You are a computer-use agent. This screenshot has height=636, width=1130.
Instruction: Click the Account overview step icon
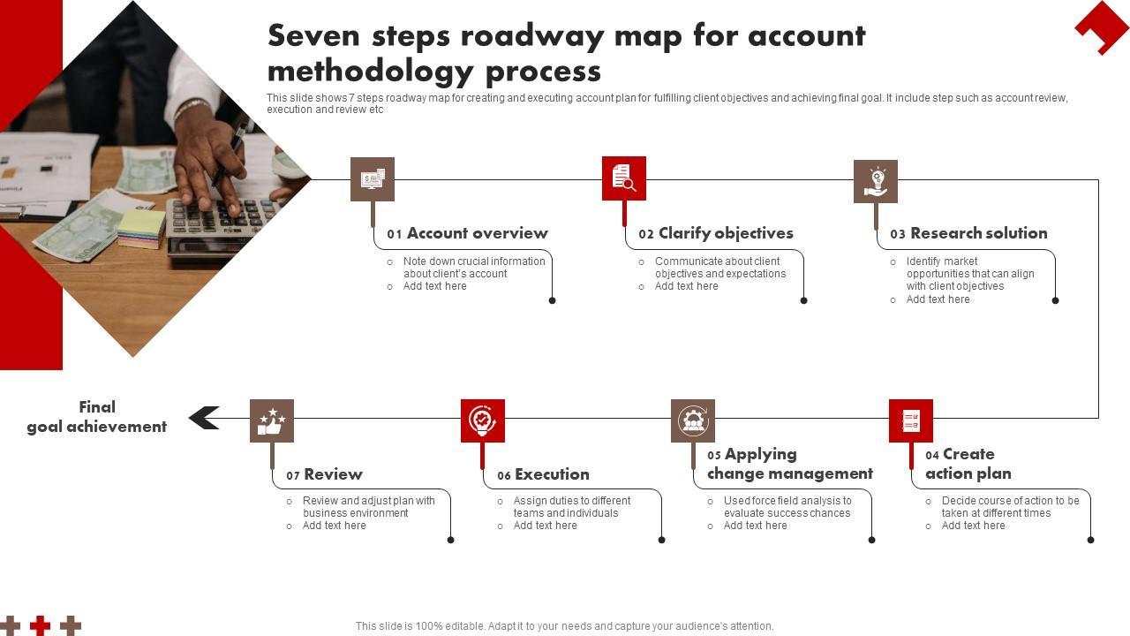[372, 179]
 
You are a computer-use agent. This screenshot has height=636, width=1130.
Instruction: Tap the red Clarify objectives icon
[624, 178]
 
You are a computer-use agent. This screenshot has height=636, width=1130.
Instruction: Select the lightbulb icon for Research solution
[876, 181]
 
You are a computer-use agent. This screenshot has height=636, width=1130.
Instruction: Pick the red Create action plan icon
[911, 420]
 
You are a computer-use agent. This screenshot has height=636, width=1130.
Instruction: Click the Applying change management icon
[693, 420]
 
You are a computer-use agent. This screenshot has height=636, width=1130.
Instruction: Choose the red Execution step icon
[483, 420]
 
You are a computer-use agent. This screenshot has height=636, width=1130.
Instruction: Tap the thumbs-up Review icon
[272, 420]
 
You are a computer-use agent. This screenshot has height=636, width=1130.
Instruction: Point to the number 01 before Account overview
[395, 235]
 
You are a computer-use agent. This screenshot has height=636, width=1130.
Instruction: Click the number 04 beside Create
[932, 456]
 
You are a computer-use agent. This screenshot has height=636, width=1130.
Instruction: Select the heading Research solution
[978, 233]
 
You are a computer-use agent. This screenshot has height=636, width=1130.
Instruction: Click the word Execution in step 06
[552, 474]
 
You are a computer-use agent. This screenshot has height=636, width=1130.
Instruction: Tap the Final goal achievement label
[96, 417]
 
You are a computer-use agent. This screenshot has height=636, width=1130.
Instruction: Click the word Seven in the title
[314, 36]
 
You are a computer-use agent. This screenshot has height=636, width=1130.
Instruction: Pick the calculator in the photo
[221, 221]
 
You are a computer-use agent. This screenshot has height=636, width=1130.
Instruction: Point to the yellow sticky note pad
[141, 226]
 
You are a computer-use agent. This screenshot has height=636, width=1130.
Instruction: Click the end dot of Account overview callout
[553, 300]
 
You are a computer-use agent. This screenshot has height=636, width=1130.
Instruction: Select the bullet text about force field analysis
[787, 506]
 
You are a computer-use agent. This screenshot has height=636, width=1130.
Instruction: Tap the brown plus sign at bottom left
[71, 626]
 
